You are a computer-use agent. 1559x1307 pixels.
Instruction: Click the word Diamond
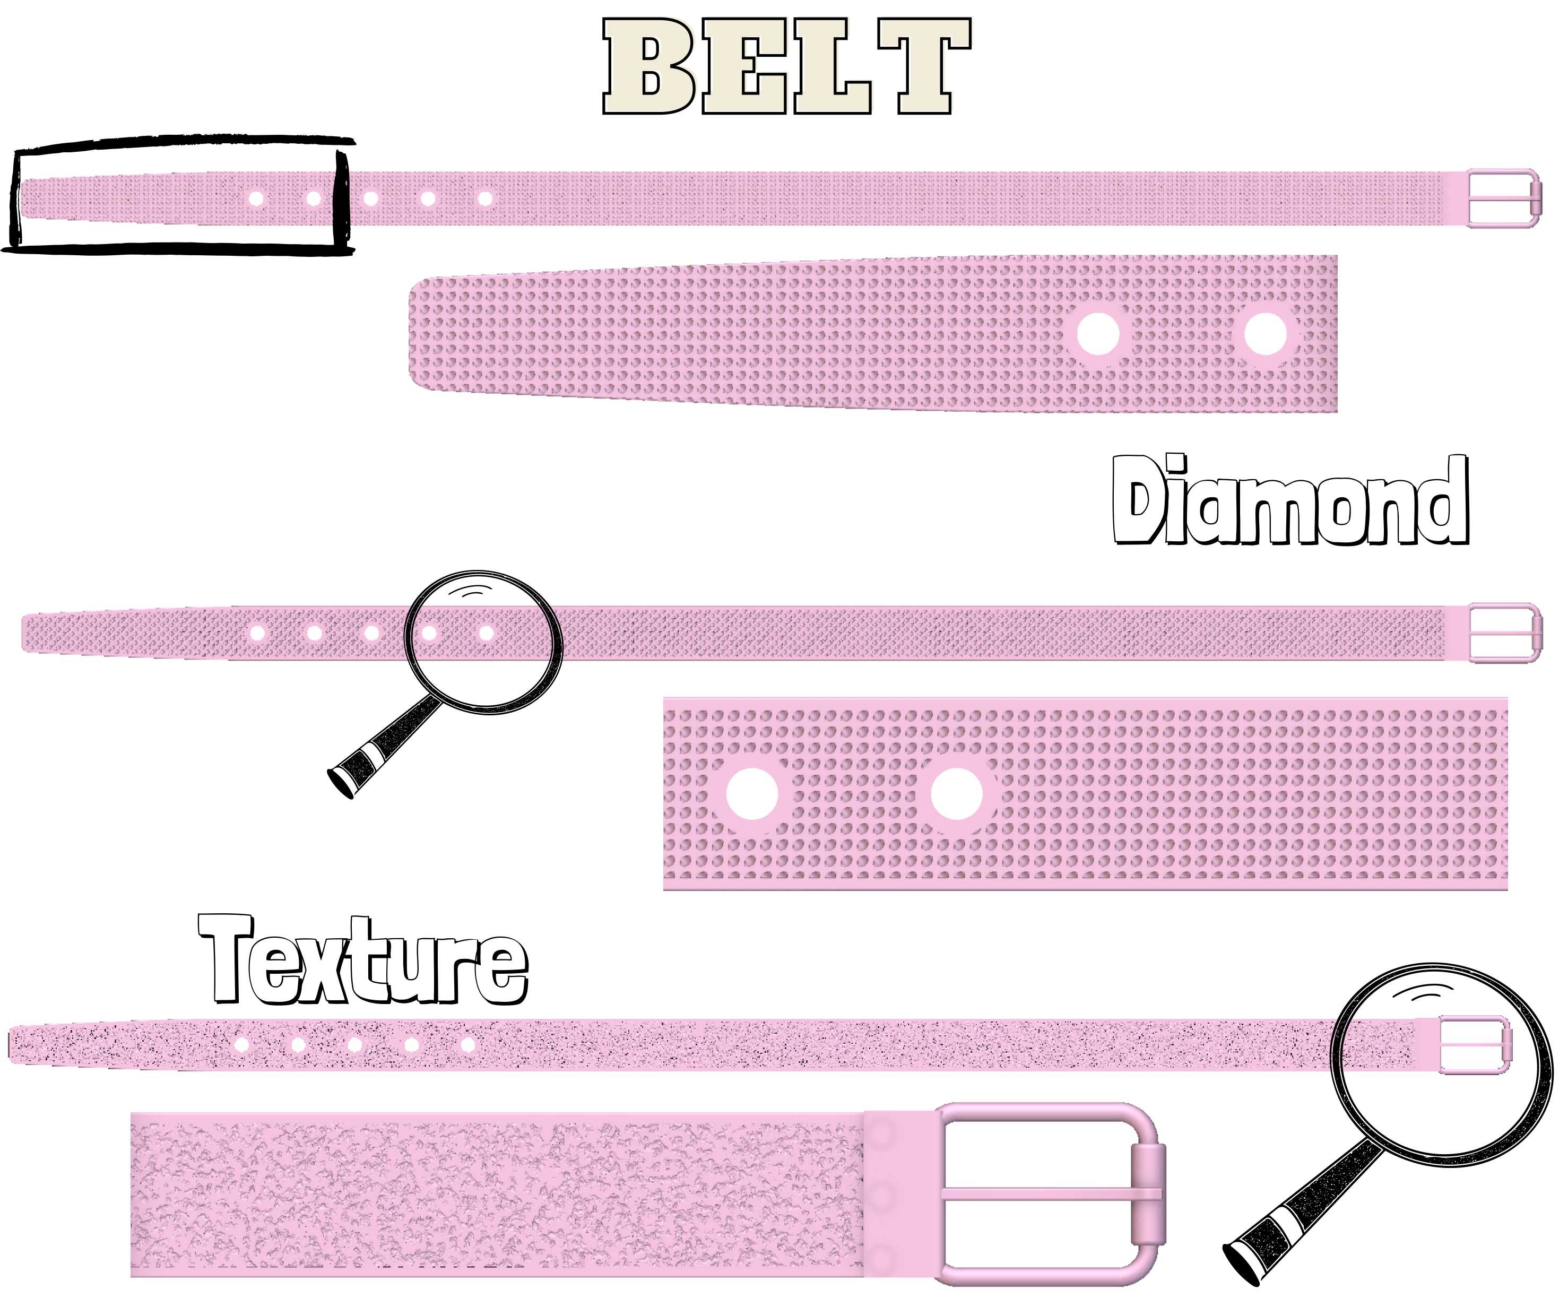1290,500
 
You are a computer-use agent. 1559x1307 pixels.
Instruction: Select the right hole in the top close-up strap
1265,333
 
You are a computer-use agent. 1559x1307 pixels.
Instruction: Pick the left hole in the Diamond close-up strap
752,794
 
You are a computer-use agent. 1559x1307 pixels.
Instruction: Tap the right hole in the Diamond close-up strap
956,794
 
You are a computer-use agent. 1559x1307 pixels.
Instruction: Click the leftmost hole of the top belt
256,199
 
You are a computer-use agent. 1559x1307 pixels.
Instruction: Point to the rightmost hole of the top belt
485,199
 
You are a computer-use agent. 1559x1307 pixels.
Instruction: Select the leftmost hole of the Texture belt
241,1045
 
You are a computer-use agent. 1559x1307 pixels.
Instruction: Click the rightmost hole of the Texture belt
467,1045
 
